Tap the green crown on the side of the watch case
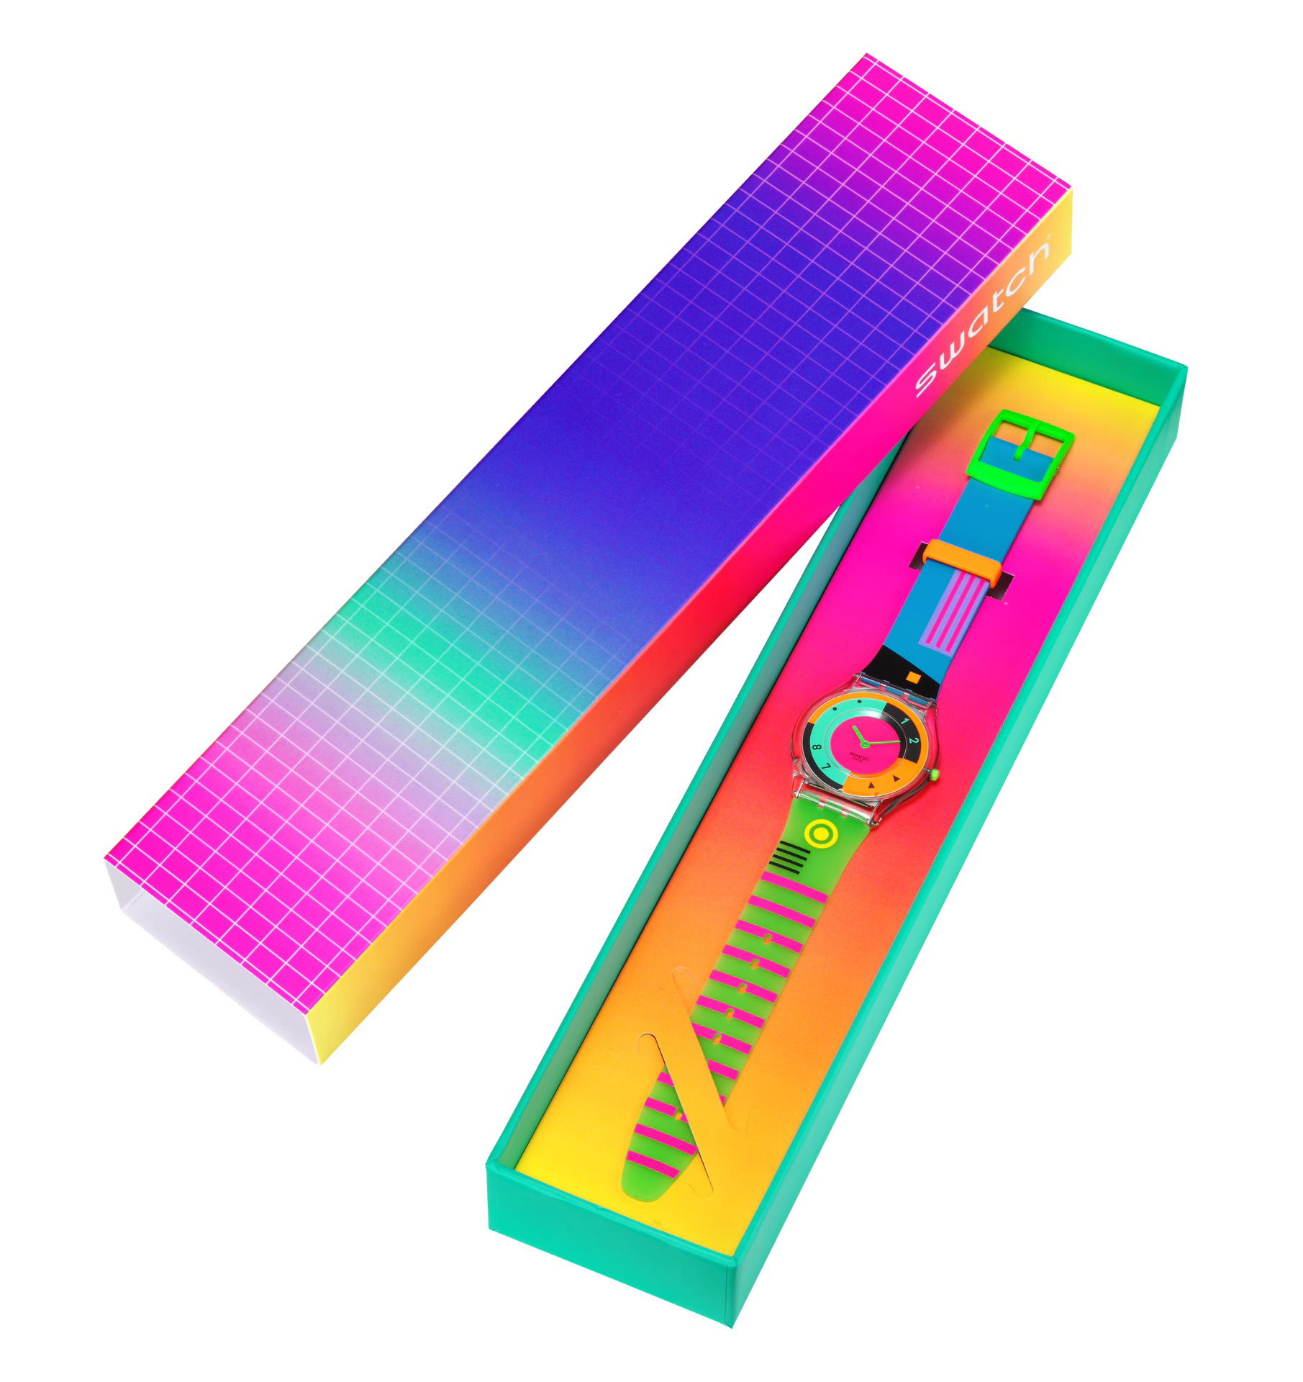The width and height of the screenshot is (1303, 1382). tap(935, 774)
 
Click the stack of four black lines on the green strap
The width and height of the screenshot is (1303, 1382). tap(786, 859)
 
